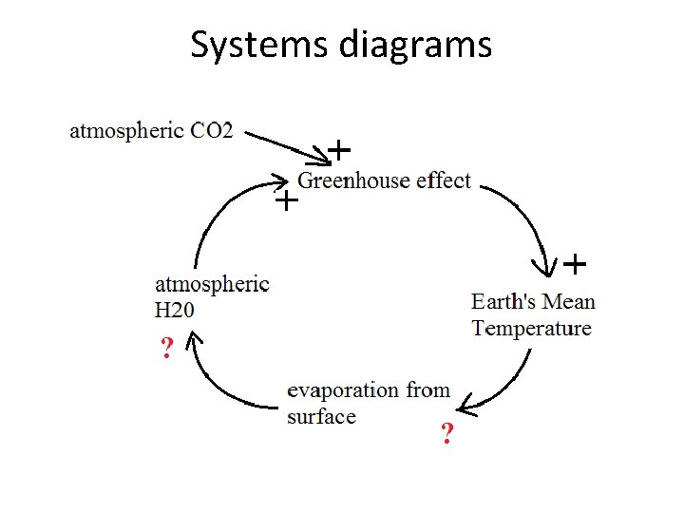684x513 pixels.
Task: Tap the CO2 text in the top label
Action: (211, 130)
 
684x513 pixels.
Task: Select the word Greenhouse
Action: (354, 180)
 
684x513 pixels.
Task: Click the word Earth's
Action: (504, 302)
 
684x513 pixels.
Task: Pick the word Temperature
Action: (532, 329)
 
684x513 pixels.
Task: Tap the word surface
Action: (321, 417)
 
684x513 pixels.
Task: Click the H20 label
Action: (175, 309)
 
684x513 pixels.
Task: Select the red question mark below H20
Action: (167, 350)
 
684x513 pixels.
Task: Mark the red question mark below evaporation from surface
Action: (446, 436)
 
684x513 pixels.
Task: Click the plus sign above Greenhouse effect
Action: (339, 149)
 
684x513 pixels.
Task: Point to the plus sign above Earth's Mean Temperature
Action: (575, 261)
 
